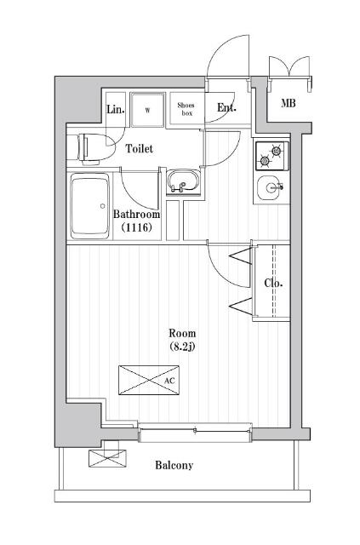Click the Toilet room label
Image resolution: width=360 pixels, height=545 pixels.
[139, 149]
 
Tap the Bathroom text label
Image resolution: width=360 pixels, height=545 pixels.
[136, 214]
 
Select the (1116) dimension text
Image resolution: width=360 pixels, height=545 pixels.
[136, 227]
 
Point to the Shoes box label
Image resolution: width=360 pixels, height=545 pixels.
[186, 109]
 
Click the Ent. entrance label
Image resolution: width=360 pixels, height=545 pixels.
[226, 108]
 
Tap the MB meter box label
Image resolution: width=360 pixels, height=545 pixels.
[289, 103]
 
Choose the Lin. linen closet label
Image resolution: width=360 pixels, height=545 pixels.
[115, 110]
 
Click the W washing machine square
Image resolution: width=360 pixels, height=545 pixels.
[147, 110]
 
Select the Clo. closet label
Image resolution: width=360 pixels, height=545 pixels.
[273, 284]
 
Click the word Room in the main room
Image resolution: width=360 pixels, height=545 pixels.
[182, 333]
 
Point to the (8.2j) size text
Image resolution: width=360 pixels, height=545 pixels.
[182, 347]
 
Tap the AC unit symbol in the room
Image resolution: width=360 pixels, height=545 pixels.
[149, 380]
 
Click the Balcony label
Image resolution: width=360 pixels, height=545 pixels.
[174, 465]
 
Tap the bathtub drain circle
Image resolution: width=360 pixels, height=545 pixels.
[102, 206]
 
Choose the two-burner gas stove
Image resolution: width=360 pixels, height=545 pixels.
[272, 156]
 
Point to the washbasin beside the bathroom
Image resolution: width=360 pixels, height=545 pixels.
[183, 181]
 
